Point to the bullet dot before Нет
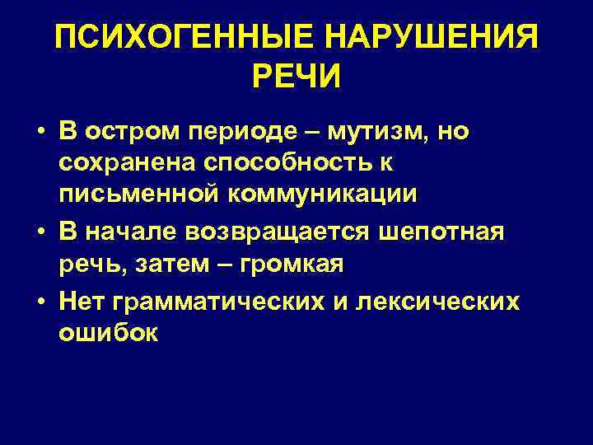(x=39, y=302)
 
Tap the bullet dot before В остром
(x=39, y=133)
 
